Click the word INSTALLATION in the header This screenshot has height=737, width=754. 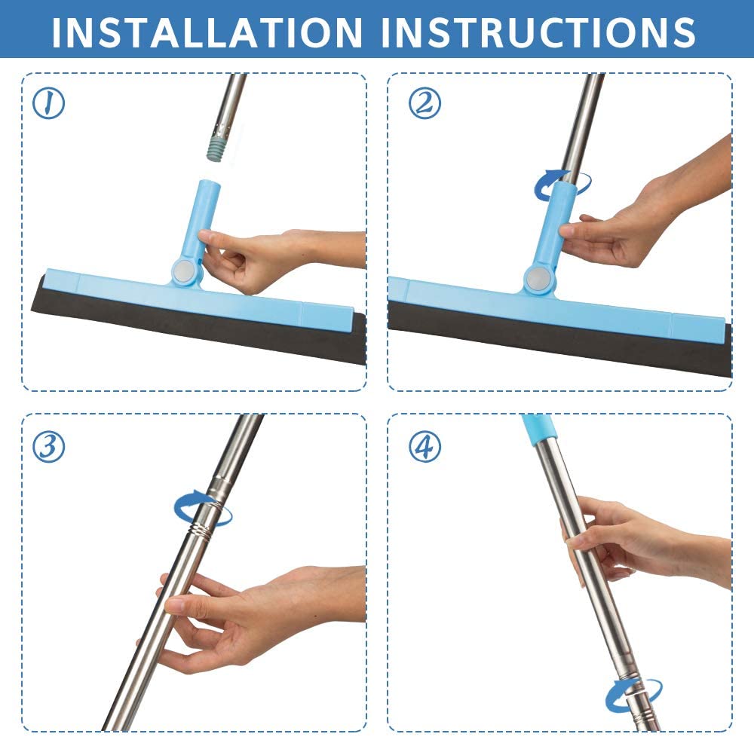(207, 32)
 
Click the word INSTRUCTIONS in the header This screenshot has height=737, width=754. (538, 32)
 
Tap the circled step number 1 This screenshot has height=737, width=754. (48, 104)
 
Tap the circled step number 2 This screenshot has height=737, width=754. (425, 104)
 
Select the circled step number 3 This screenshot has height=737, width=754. (48, 447)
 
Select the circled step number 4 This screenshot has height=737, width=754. (425, 447)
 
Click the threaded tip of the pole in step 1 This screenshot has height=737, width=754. (218, 148)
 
